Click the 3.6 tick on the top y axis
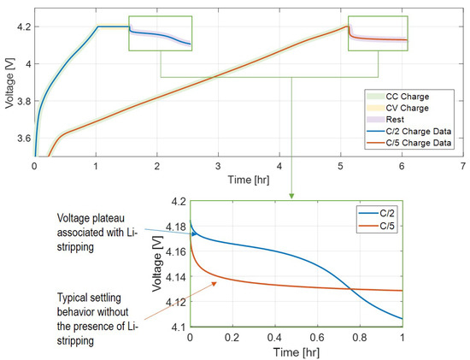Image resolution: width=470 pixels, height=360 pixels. tap(21, 138)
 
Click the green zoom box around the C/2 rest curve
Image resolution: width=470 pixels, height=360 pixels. tap(161, 33)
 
